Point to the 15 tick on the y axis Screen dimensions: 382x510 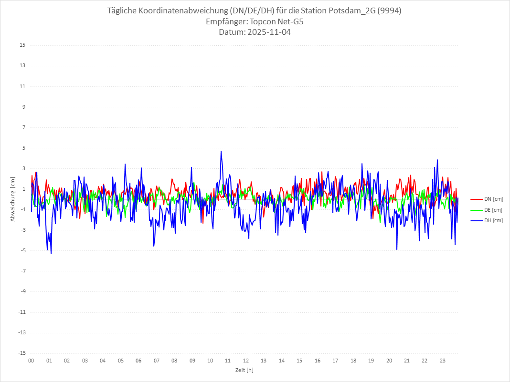click(22, 45)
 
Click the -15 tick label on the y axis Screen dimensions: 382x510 click(21, 353)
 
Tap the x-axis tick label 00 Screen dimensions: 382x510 click(31, 361)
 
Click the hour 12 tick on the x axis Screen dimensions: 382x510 click(246, 361)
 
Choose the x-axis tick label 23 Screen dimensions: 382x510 click(443, 361)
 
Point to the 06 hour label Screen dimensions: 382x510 click(138, 361)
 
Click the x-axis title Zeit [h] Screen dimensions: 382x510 click(244, 370)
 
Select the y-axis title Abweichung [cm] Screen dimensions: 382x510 click(13, 199)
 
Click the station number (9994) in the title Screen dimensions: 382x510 click(388, 11)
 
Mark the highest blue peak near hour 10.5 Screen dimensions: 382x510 click(221, 152)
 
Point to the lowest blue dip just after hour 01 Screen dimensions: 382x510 click(51, 253)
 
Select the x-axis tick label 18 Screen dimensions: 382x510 click(353, 361)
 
